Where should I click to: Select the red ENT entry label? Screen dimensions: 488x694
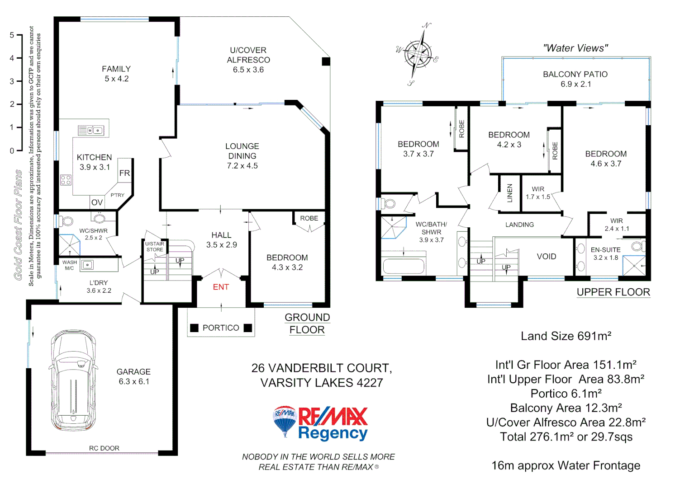coord(221,287)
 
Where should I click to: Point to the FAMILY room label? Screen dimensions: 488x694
coord(116,69)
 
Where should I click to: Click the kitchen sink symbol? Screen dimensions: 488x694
coord(91,131)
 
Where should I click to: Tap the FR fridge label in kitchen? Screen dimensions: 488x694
coord(124,173)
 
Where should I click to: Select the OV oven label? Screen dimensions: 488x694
coord(97,202)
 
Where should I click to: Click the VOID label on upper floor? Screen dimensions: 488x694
coord(547,257)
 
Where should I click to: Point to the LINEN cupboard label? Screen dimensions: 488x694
coord(510,193)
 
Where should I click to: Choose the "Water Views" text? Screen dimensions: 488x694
coord(575,48)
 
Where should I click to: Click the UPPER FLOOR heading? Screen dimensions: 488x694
coord(613,292)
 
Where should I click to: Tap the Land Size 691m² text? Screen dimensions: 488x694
coord(566,336)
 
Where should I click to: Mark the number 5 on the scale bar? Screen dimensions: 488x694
coord(12,35)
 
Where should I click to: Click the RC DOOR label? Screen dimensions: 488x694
coord(104,448)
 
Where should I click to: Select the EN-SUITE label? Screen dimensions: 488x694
coord(605,250)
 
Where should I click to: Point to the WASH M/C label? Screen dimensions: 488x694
coord(69,265)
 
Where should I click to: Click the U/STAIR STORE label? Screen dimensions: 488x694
coord(155,247)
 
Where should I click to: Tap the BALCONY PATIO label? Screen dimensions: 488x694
coord(575,75)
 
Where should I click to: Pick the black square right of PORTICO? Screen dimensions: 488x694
coord(247,328)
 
